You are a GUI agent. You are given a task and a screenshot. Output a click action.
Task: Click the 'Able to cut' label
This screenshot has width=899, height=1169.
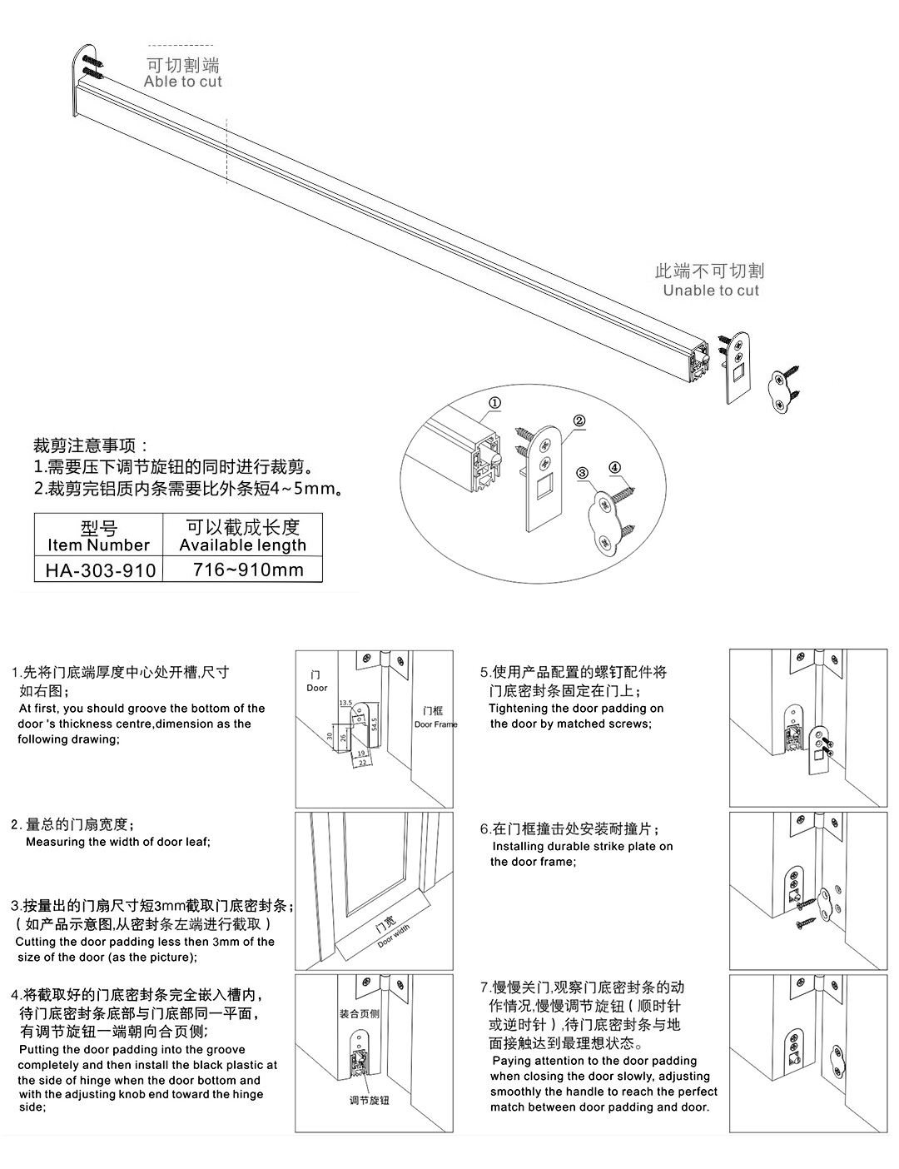182,82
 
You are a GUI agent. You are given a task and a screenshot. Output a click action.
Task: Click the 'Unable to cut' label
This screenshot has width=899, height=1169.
711,291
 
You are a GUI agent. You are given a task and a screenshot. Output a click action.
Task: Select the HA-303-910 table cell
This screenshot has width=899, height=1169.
99,570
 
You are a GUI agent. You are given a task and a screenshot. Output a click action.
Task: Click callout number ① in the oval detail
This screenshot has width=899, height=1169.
494,403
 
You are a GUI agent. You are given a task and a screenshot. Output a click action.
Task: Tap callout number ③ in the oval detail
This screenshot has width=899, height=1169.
583,473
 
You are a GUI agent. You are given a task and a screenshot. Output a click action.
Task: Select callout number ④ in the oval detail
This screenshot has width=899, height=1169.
614,467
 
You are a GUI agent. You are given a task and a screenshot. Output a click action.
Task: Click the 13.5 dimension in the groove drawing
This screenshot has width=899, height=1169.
345,704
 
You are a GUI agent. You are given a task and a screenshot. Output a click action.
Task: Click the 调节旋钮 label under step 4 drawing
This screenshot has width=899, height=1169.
369,1101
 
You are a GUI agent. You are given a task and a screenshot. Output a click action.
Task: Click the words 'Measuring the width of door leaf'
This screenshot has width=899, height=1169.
117,842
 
